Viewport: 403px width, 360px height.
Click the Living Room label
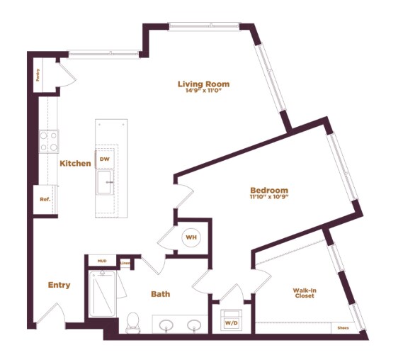point(203,84)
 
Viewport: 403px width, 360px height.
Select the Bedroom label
point(269,190)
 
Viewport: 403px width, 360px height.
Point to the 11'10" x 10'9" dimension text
point(269,197)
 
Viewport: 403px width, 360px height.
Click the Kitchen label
point(75,164)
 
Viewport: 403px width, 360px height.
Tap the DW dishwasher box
point(105,159)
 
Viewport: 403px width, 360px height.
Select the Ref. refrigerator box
point(44,200)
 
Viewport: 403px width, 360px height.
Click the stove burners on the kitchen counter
point(48,142)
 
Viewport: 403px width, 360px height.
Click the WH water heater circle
point(191,237)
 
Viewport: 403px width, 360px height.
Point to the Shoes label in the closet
point(344,327)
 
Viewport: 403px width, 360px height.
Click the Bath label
point(160,294)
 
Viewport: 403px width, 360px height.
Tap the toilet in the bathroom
point(132,323)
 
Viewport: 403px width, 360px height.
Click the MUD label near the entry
point(101,261)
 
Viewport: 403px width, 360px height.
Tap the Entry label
point(59,285)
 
